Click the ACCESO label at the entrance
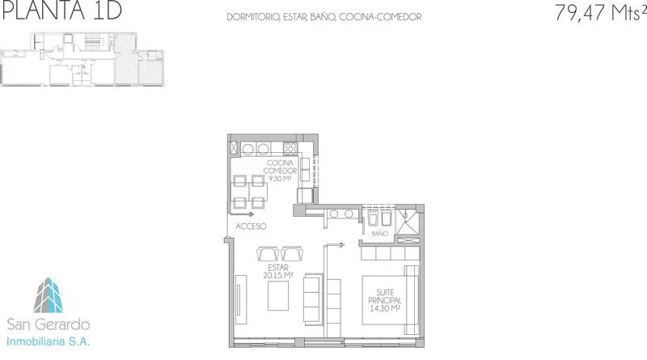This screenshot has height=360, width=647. pos(251,227)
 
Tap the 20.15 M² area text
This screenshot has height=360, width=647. pos(278,275)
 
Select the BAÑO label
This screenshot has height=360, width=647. pos(379,234)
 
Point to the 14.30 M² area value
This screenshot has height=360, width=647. pos(385,308)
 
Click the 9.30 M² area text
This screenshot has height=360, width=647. pos(280,179)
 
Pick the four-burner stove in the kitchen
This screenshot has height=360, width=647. pos(290,149)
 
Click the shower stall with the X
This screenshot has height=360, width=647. pos(408,221)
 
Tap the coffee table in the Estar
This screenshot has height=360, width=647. pos(278,295)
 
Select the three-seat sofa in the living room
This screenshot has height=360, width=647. pos(312,299)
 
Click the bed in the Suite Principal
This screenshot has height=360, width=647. pos(390,300)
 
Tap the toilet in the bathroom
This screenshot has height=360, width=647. pos(373,218)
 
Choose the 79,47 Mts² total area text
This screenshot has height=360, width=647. pos(600,11)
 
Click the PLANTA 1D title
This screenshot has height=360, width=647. pos(62,11)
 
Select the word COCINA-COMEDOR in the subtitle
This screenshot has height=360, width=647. pos(380,17)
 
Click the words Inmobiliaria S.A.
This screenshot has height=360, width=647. pos(48,341)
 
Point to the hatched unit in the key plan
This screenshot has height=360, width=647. pos(126,59)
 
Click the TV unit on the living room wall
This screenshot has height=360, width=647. pos(241,300)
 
